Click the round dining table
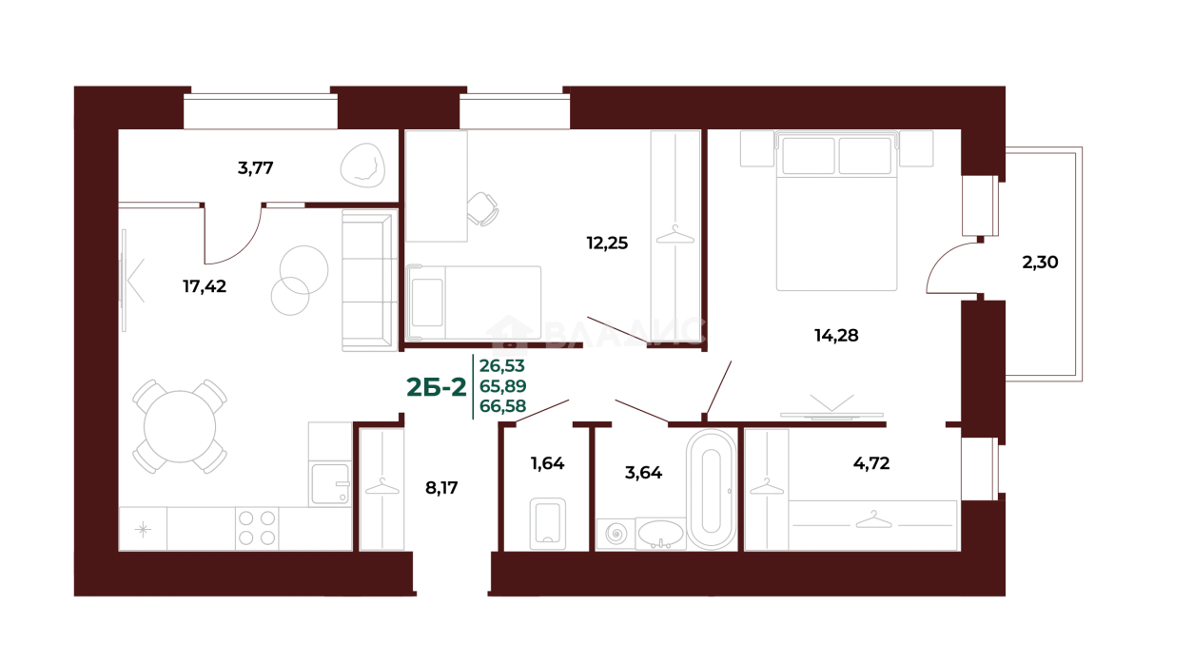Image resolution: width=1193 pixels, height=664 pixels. pos(180,426)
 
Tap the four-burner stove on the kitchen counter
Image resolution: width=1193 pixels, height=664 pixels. pos(257,528)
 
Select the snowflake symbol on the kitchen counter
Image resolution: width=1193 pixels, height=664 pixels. pos(143,529)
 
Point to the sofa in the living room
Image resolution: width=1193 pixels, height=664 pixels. pos(366,282)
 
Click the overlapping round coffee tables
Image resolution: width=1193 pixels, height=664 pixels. pos(299,277)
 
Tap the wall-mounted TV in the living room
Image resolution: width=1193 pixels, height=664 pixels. pos(129,281)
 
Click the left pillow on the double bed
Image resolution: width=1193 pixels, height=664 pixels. pos(808,155)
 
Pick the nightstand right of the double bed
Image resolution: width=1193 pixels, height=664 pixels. pos(915,147)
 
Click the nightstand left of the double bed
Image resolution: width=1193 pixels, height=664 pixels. pos(757,147)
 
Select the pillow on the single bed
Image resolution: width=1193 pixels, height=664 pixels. pos(426,302)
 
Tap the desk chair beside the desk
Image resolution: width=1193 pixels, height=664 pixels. pos(486,208)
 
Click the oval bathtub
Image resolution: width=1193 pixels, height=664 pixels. pos(710,490)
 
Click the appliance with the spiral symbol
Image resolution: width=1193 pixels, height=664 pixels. pos(615,534)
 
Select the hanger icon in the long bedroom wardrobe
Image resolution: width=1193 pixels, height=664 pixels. pos(872,520)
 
